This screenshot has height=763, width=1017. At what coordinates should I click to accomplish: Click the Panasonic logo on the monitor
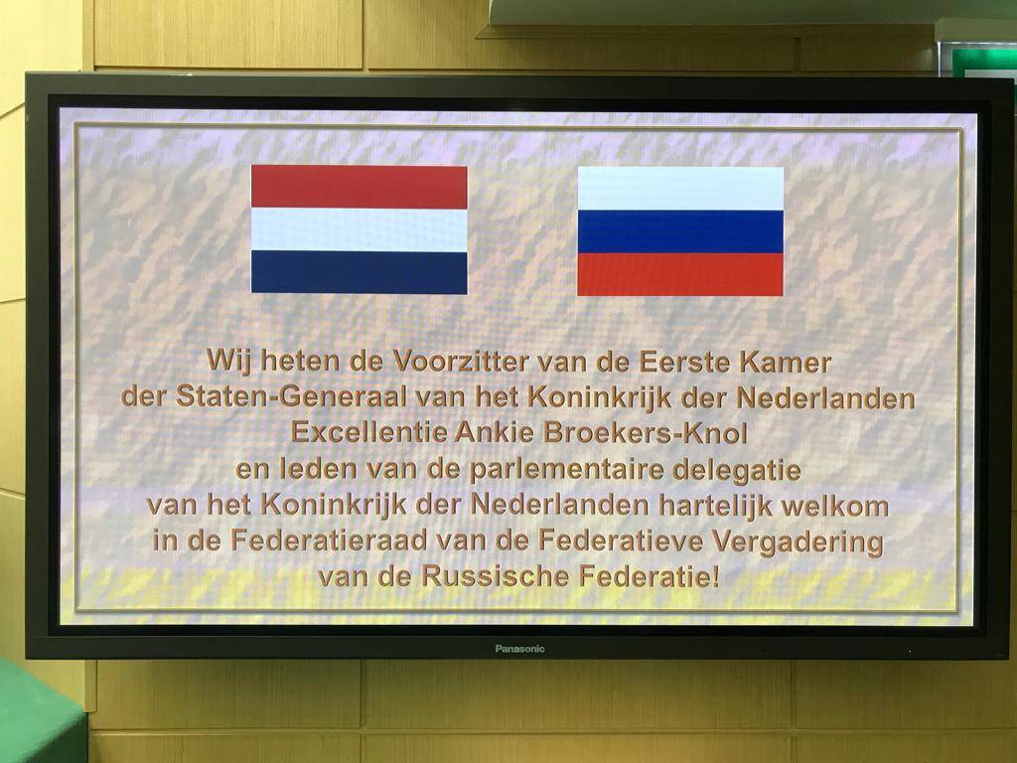click(x=519, y=649)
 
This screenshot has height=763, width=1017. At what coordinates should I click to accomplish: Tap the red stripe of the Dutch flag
click(x=359, y=186)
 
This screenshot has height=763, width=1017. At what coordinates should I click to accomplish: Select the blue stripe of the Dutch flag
click(x=359, y=272)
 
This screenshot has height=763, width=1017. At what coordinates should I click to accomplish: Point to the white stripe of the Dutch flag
click(x=359, y=229)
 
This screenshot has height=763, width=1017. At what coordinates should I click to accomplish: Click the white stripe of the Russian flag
click(x=680, y=188)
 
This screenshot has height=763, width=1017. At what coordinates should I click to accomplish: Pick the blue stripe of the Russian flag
click(x=680, y=231)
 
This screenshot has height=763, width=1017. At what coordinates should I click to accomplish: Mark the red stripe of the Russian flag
click(x=680, y=274)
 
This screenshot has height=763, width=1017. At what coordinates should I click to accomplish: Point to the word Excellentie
click(x=364, y=432)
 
